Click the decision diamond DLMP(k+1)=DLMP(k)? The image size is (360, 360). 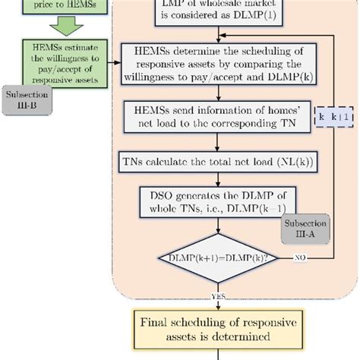tap(219, 259)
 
